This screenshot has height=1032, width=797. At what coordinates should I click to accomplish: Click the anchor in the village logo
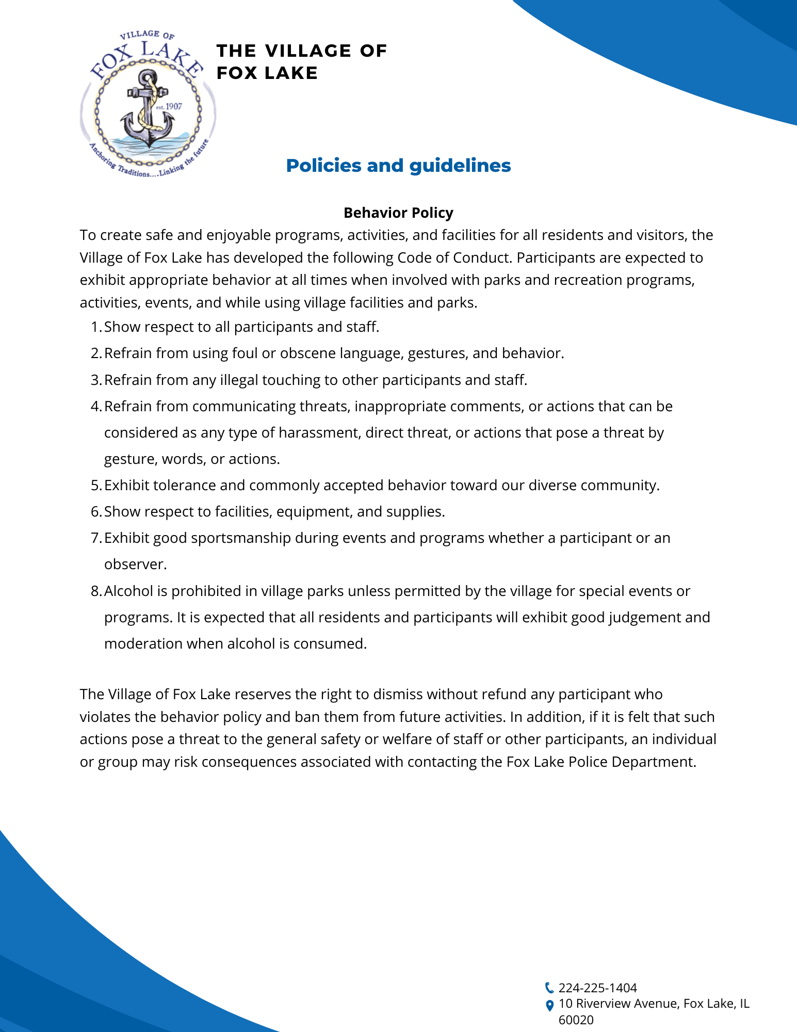click(x=148, y=109)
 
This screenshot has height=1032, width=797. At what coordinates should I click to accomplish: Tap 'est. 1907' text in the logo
click(x=169, y=106)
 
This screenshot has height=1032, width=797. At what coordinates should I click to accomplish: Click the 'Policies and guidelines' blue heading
click(x=398, y=166)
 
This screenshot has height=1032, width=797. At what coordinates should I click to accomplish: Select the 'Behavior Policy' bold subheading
click(x=398, y=213)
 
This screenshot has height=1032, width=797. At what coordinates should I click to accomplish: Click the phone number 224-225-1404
click(x=597, y=988)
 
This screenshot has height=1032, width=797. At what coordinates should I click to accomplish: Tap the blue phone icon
click(x=549, y=988)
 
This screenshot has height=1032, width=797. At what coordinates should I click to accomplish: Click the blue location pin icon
click(x=549, y=1005)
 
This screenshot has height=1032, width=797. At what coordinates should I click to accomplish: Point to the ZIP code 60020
click(x=576, y=1020)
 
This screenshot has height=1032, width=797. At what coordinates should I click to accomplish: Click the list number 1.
click(x=96, y=327)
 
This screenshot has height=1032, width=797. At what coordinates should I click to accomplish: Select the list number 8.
click(x=96, y=591)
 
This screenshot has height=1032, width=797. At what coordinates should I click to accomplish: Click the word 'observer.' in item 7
click(x=136, y=565)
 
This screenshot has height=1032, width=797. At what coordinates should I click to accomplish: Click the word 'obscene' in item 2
click(x=297, y=353)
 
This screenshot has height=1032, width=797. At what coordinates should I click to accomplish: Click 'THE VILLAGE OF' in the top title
click(x=302, y=51)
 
